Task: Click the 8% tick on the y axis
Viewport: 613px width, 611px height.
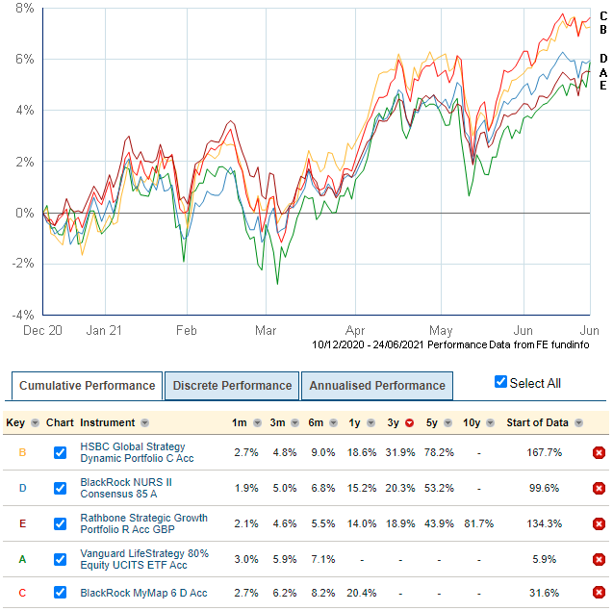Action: click(22, 8)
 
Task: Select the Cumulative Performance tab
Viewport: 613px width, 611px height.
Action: click(87, 386)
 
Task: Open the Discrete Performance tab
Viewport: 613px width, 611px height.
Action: click(231, 386)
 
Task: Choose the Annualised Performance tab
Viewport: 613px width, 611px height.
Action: click(376, 386)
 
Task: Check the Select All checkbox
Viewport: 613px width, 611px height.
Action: click(500, 382)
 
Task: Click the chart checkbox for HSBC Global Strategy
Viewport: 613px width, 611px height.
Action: click(61, 452)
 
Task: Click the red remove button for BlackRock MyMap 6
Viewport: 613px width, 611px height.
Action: click(599, 592)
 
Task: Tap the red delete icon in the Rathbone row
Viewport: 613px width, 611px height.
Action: click(599, 524)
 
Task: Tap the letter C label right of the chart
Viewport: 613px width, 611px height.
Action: click(603, 15)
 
